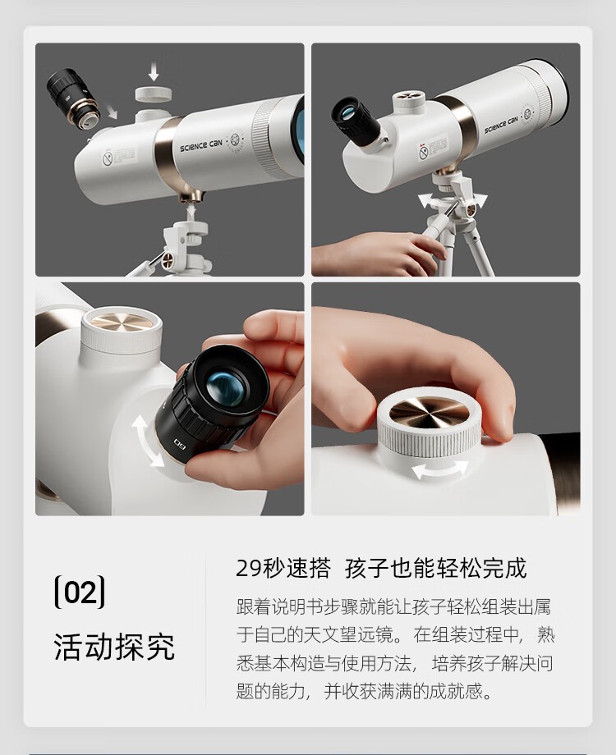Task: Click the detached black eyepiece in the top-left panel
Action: [x=73, y=98]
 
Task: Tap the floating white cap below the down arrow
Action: [x=154, y=94]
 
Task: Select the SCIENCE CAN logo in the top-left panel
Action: [x=201, y=145]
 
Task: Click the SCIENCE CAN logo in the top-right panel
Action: [x=501, y=124]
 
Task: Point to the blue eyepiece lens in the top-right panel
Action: [x=347, y=114]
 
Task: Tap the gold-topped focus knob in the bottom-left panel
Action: [x=122, y=330]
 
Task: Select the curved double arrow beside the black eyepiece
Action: [x=146, y=441]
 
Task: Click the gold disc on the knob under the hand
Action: [x=429, y=413]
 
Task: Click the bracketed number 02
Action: [x=80, y=592]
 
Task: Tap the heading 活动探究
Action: [x=114, y=646]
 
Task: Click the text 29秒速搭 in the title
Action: [x=283, y=568]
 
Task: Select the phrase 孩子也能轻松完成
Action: [x=436, y=568]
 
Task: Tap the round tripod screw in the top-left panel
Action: [x=168, y=260]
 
